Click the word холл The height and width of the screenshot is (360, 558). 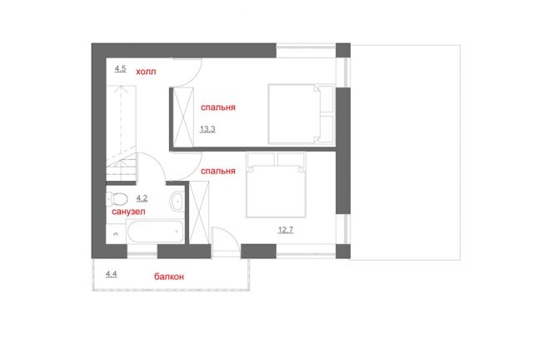pyautogui.click(x=146, y=72)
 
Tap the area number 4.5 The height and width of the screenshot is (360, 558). pyautogui.click(x=120, y=68)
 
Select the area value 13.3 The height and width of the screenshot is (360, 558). pyautogui.click(x=207, y=129)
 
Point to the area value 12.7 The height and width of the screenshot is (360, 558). pyautogui.click(x=286, y=230)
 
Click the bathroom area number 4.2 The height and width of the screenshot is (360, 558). pyautogui.click(x=142, y=198)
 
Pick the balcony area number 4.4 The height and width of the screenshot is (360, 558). pyautogui.click(x=112, y=274)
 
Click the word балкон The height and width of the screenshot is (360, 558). pyautogui.click(x=169, y=277)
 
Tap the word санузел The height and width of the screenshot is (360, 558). pyautogui.click(x=128, y=212)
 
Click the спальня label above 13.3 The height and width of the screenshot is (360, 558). pyautogui.click(x=218, y=107)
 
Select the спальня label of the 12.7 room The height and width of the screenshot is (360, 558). pyautogui.click(x=218, y=171)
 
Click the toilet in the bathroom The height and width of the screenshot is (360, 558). pyautogui.click(x=117, y=199)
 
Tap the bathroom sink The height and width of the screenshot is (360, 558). pyautogui.click(x=177, y=201)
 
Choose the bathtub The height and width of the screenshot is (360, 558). pyautogui.click(x=155, y=232)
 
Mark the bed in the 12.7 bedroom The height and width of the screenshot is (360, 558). pyautogui.click(x=277, y=185)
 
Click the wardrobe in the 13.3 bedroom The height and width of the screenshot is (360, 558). pyautogui.click(x=183, y=117)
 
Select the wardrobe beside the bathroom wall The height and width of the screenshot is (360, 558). pyautogui.click(x=199, y=212)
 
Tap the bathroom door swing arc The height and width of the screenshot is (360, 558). pyautogui.click(x=157, y=161)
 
